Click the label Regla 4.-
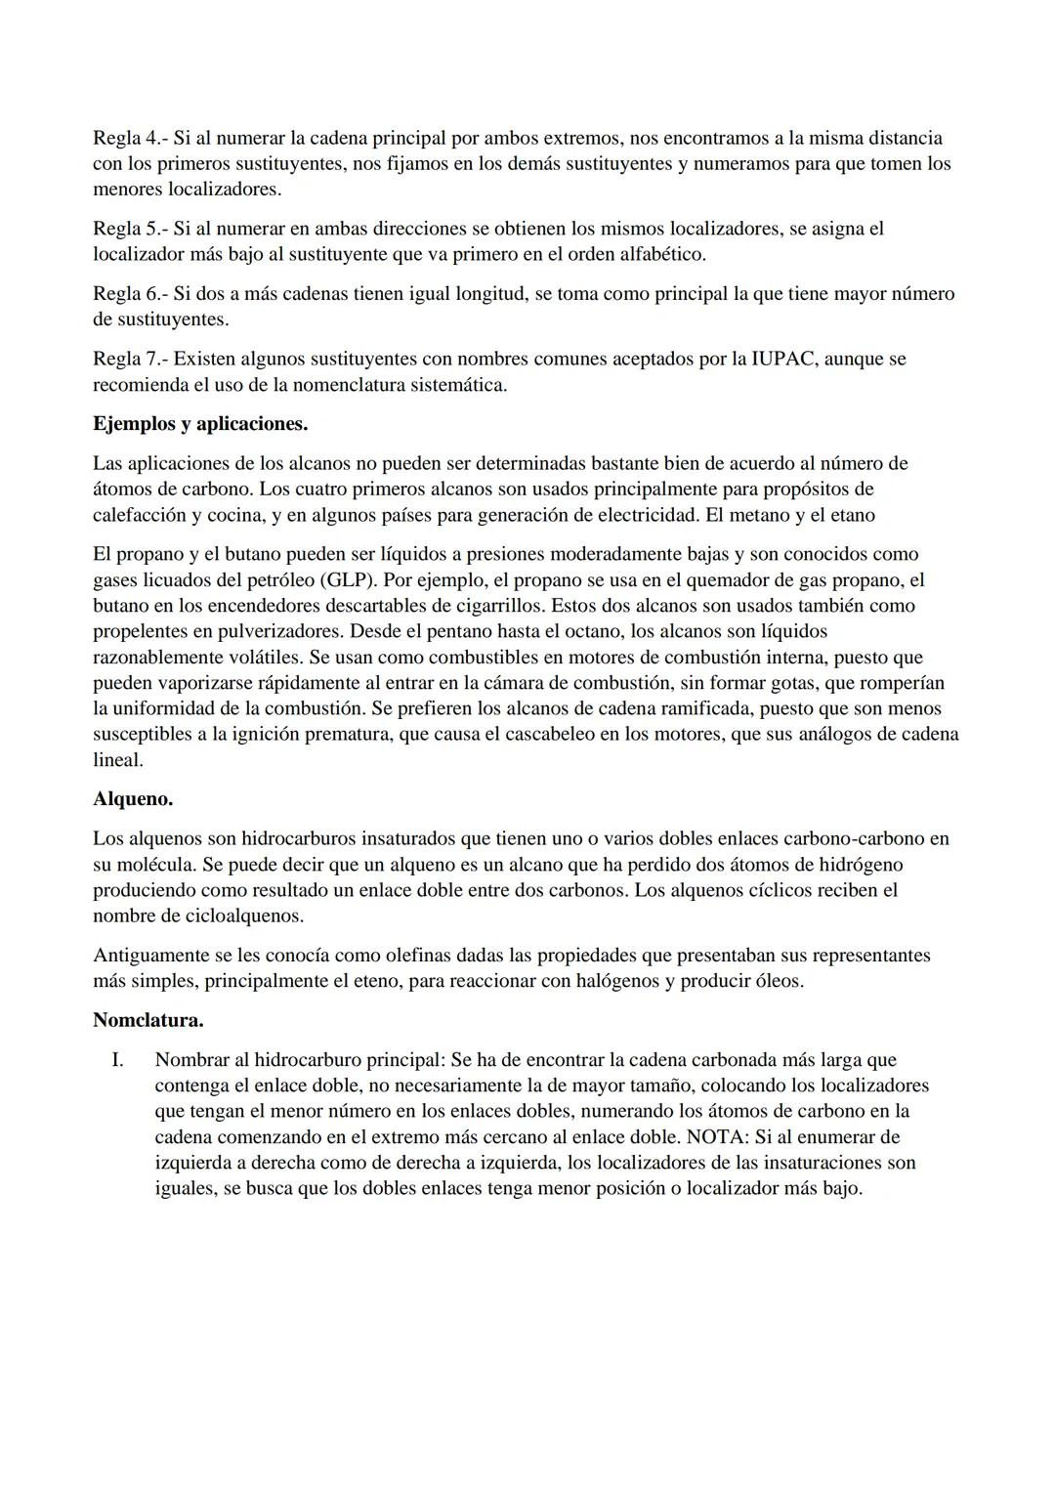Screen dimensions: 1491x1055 click(130, 138)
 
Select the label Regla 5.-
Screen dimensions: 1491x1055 click(130, 229)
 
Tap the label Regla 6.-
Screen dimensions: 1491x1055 click(130, 293)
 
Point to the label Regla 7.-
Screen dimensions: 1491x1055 click(130, 359)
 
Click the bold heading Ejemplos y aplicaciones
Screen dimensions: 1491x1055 click(200, 424)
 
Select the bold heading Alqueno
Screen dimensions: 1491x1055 click(133, 798)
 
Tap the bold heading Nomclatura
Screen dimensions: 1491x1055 click(148, 1020)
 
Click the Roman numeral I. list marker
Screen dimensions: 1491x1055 click(117, 1059)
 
